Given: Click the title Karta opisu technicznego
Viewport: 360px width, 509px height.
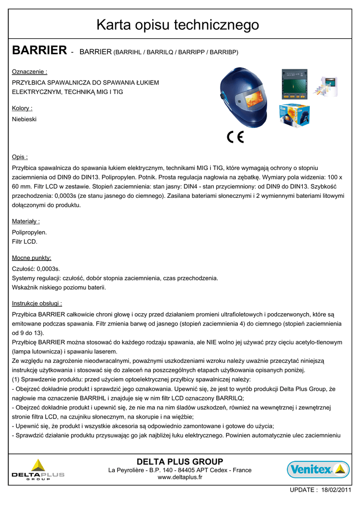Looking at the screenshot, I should pos(178,24).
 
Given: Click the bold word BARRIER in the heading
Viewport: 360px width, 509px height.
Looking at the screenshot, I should pos(39,50).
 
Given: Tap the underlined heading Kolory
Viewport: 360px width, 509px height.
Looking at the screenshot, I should pos(22,108).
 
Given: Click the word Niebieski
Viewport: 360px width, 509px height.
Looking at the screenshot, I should pos(24,119).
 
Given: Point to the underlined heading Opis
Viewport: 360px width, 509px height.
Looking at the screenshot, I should pos(20,157).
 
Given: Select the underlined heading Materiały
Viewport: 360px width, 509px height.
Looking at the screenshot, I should pos(26,221).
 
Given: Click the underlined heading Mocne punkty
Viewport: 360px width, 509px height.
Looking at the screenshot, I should pos(32,257).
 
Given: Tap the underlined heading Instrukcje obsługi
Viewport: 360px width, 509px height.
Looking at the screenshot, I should pos(37,303).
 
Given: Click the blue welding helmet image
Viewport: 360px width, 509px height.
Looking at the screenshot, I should pos(244,96).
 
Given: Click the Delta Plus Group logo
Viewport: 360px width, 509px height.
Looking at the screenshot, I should pos(38,470).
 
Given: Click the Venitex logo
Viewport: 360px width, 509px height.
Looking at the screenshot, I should pos(318,469).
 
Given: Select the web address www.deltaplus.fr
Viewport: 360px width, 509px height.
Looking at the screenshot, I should pos(180,477).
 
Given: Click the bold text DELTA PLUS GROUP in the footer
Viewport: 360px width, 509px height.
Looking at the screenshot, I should pos(180,462).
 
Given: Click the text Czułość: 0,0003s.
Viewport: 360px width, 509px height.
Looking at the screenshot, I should pos(36,269).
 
